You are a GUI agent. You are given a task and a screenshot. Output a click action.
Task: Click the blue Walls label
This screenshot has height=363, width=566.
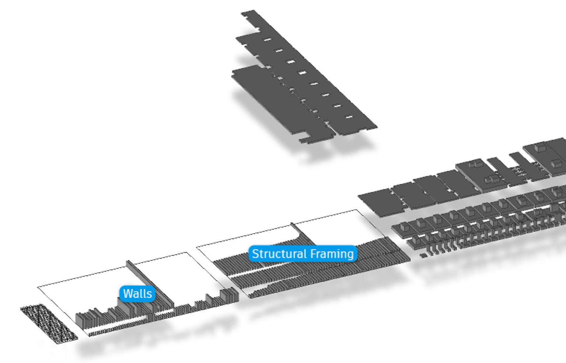(x=137, y=294)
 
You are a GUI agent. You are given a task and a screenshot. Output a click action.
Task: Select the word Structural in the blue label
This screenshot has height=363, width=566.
(x=279, y=253)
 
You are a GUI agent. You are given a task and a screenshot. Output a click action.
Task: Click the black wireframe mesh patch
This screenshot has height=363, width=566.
(x=49, y=324)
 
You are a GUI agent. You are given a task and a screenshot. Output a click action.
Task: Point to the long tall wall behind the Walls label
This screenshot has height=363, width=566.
(x=150, y=284)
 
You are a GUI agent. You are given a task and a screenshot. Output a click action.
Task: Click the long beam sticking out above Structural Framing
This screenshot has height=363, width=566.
(x=303, y=234)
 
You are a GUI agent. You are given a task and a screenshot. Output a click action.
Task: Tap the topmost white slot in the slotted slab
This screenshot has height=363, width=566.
(x=267, y=39)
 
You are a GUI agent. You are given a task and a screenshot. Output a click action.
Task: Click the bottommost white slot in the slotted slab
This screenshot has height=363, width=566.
(x=349, y=117)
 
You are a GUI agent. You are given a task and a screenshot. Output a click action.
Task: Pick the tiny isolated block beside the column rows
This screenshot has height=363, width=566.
(x=423, y=256)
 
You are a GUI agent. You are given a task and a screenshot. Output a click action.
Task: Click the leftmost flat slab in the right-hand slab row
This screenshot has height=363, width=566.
(x=380, y=203)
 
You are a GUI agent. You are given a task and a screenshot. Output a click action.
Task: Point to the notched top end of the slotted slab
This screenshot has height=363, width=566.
(x=250, y=18)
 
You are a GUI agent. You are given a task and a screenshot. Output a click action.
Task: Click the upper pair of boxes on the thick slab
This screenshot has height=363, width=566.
(x=476, y=165)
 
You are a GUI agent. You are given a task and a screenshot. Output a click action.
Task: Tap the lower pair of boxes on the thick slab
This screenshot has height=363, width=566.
(x=492, y=179)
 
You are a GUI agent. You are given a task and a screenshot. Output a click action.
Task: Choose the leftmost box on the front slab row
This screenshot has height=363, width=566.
(x=405, y=227)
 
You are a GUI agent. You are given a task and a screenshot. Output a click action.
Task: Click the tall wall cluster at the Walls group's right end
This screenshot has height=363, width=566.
(x=229, y=295)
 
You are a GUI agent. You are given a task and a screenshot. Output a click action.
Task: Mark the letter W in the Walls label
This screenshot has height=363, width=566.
(x=128, y=294)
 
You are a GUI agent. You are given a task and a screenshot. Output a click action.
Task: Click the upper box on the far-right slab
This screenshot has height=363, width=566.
(x=540, y=147)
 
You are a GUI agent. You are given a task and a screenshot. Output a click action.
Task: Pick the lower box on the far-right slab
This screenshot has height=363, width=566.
(x=557, y=164)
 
